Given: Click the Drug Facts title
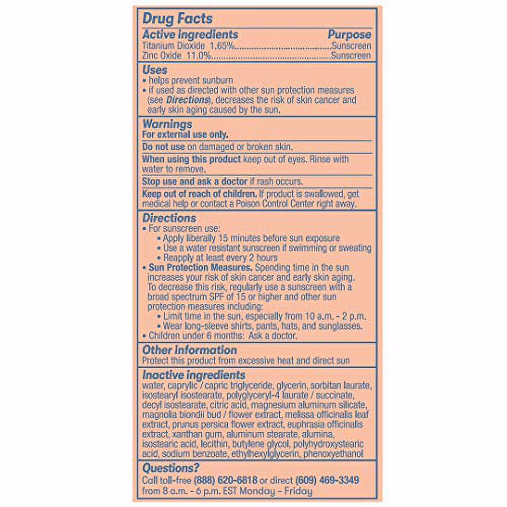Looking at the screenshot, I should point(177,19).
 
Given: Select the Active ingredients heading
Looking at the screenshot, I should point(190,34).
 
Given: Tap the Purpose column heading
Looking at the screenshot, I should point(349,34).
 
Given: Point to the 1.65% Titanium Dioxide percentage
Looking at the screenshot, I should point(223,46).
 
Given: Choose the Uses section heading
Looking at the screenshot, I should point(155,69).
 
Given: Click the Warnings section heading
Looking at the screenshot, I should point(167,124).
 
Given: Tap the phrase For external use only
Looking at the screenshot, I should point(185,135).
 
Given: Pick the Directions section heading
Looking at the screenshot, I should point(169,218).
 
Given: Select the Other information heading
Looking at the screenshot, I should point(189,350).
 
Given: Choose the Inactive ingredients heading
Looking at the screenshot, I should point(194,376).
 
